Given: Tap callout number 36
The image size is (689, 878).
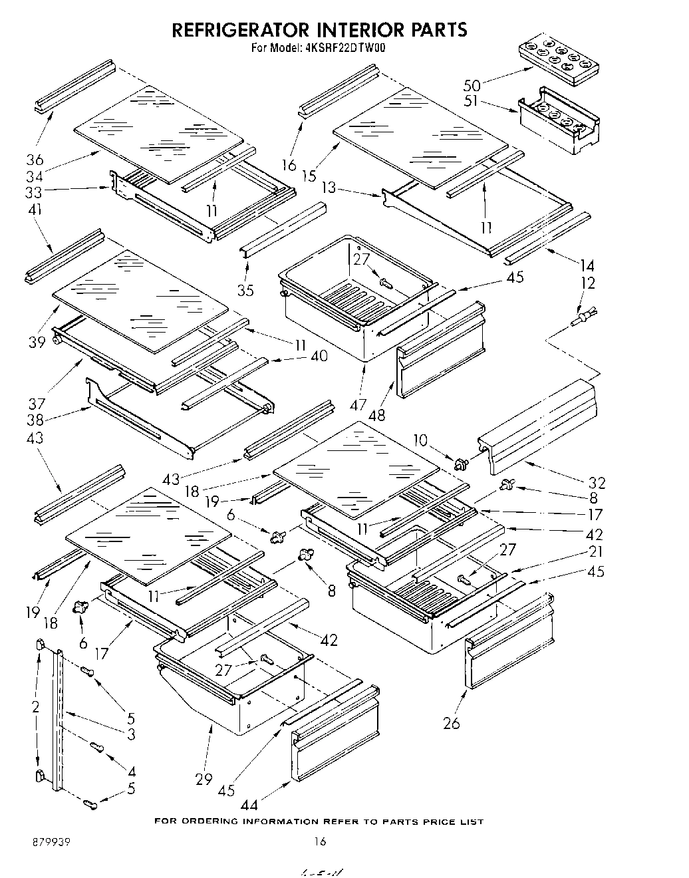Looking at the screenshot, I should point(35,160).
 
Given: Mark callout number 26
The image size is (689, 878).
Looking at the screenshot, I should point(451,722).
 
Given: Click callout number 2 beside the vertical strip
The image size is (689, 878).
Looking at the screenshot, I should point(35,706).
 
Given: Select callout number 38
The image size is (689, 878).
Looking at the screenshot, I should point(35,420).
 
